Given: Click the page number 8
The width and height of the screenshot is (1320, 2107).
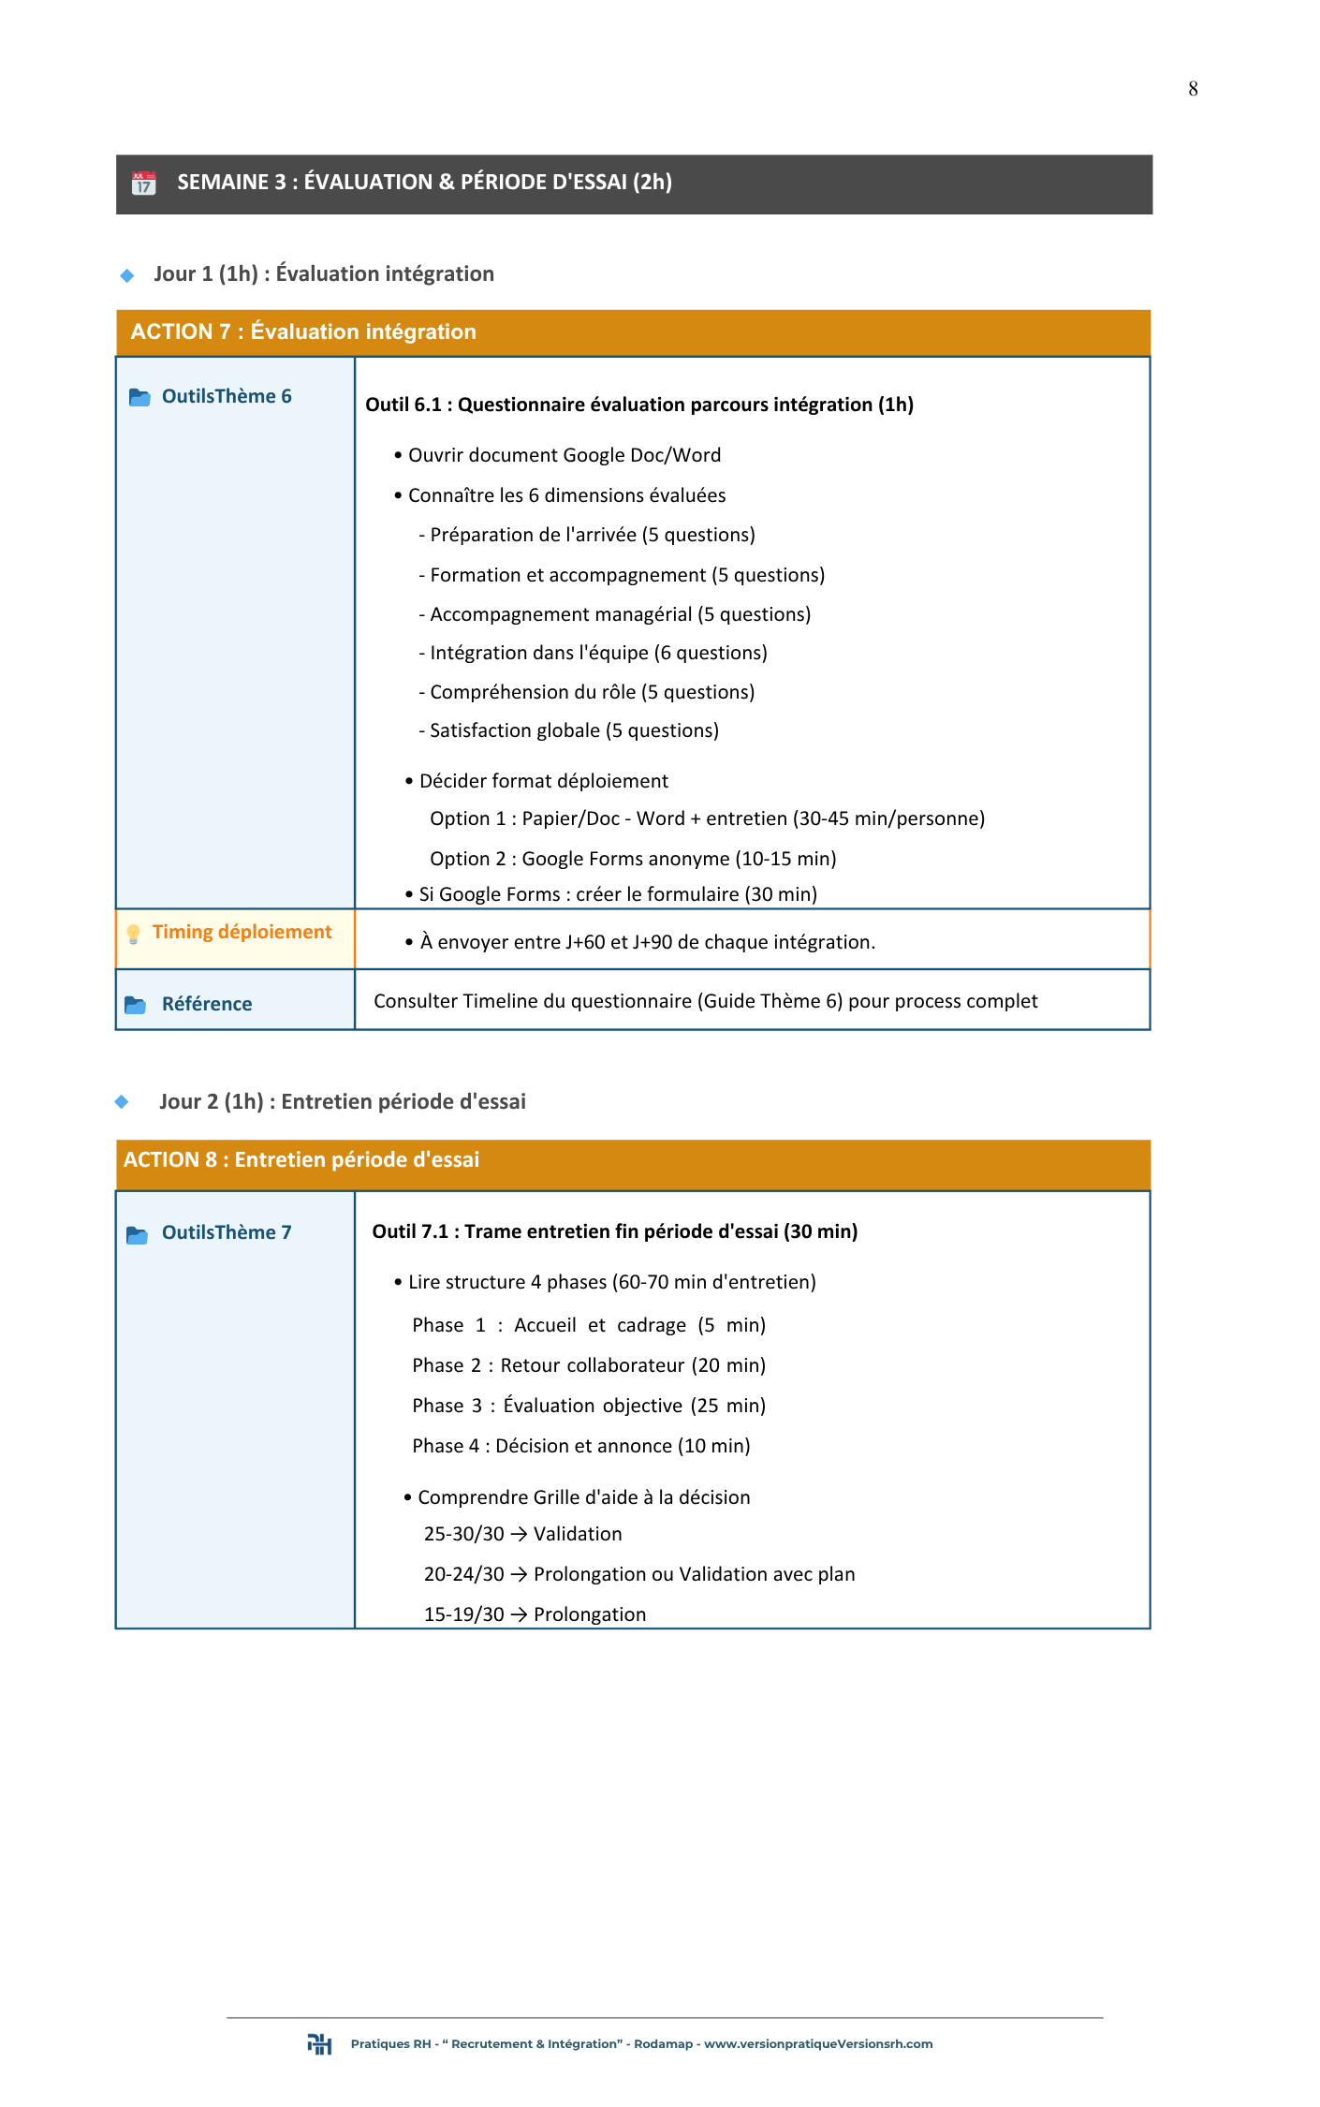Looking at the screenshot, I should click(x=1193, y=89).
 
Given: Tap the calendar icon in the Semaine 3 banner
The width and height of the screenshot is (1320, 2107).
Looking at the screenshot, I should click(x=143, y=183).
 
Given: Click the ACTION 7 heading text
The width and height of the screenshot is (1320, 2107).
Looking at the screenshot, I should click(x=303, y=332).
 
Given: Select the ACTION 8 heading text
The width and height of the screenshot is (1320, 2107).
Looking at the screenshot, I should click(x=301, y=1159).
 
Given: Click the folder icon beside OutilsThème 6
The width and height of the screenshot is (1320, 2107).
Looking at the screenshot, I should click(x=139, y=397).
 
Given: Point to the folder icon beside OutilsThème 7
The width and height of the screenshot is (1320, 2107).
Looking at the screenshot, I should click(x=138, y=1234).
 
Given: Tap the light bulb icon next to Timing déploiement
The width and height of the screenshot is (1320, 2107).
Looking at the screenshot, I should click(x=133, y=934).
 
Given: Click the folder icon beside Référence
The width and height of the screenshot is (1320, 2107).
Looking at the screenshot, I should click(x=136, y=1005).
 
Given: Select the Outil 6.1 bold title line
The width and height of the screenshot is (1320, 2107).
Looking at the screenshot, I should click(x=638, y=405).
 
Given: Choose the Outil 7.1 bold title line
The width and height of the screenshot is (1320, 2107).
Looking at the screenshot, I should click(x=614, y=1231).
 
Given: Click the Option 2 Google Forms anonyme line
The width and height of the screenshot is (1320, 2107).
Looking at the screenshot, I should click(x=633, y=859).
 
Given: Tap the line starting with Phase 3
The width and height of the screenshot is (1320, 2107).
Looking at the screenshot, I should click(x=588, y=1406).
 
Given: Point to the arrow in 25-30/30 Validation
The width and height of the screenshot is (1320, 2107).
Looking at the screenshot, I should click(x=519, y=1534).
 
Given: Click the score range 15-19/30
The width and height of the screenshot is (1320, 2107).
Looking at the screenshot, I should click(x=463, y=1614).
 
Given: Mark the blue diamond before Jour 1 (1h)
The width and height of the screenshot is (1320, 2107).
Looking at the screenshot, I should click(x=127, y=275).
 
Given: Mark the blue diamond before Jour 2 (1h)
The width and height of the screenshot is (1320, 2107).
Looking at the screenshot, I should click(x=122, y=1102).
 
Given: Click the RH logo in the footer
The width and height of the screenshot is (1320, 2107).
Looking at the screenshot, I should click(x=319, y=2044).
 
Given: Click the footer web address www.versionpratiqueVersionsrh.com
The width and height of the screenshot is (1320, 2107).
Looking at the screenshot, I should click(x=817, y=2044).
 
